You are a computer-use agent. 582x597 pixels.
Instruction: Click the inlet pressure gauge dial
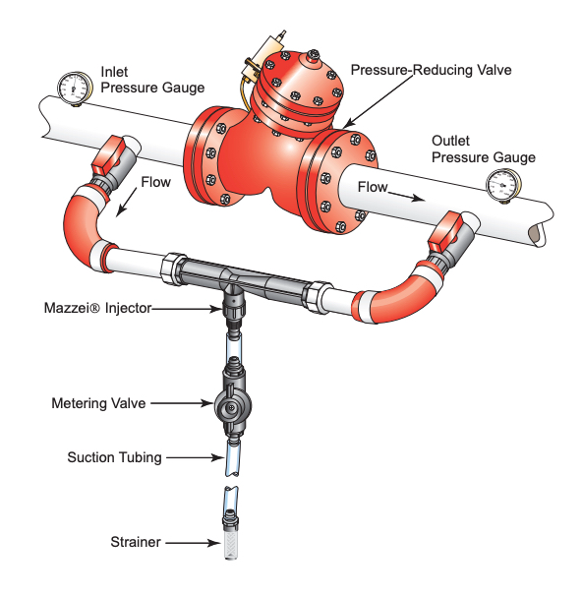(75, 88)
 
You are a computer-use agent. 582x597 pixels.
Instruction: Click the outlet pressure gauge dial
(503, 185)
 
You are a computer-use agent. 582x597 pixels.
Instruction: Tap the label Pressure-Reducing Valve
(431, 70)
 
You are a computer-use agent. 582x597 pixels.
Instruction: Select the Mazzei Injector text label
(98, 308)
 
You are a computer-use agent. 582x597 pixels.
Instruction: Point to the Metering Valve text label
(98, 403)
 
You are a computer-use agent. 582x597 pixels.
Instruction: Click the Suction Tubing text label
(115, 457)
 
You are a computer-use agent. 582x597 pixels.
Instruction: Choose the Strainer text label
(136, 542)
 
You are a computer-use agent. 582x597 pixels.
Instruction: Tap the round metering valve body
(232, 406)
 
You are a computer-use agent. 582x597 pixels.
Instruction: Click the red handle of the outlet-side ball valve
(445, 230)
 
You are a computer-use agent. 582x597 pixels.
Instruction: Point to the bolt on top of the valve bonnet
(313, 55)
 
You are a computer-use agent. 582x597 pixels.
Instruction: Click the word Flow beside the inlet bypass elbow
(155, 182)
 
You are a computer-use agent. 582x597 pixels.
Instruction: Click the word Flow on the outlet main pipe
(373, 187)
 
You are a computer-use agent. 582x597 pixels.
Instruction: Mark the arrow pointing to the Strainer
(193, 543)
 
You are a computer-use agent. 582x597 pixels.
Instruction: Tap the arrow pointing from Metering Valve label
(182, 403)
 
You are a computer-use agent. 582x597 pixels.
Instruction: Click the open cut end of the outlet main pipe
(537, 233)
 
